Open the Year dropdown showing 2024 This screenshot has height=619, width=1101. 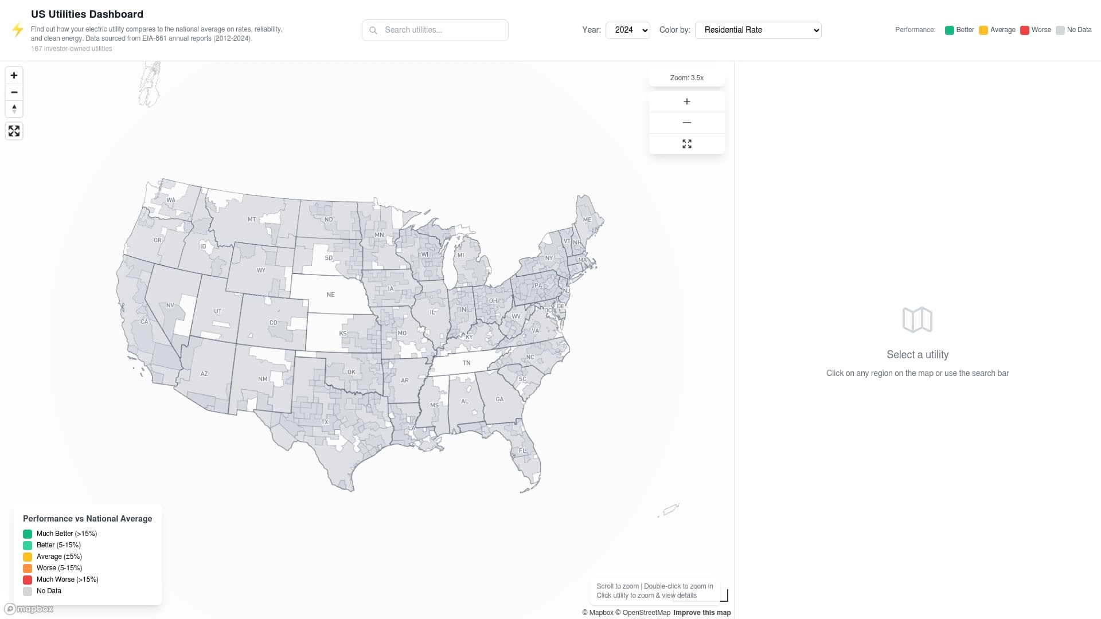[x=627, y=30]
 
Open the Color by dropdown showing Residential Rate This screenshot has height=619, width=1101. [x=758, y=30]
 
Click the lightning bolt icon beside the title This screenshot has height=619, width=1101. [x=18, y=30]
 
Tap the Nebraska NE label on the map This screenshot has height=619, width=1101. [x=330, y=295]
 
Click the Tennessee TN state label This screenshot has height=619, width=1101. [x=466, y=363]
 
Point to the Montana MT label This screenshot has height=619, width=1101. [x=252, y=220]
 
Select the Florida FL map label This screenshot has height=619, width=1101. [x=522, y=450]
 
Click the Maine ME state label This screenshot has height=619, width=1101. [x=587, y=220]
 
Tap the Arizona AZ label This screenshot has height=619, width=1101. [x=204, y=374]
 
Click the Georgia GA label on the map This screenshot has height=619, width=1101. [x=499, y=399]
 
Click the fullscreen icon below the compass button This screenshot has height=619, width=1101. [x=14, y=131]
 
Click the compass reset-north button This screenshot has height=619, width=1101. [x=14, y=108]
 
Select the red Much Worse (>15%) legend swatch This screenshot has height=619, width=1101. [x=28, y=579]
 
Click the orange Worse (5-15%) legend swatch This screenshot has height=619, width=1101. [x=28, y=568]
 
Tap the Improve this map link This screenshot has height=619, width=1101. [x=702, y=613]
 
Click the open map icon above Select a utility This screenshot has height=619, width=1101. [x=917, y=320]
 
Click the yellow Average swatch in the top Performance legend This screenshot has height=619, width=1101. [x=983, y=30]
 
